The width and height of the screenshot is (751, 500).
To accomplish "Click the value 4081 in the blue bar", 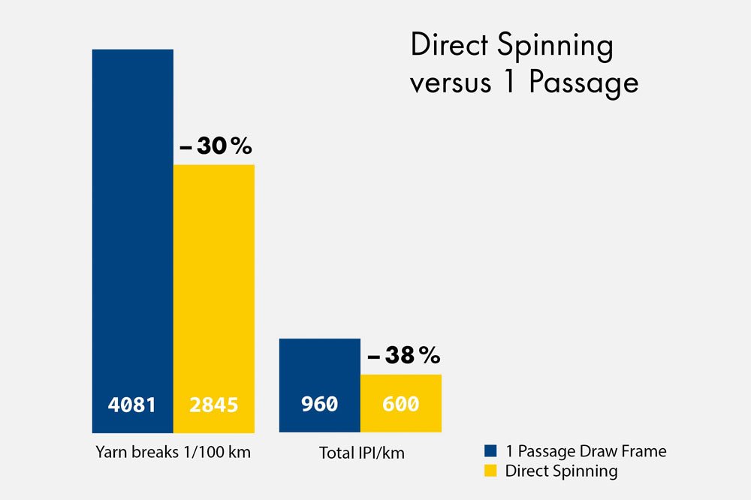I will point(131,405).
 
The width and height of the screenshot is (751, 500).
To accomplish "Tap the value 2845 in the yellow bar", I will point(213,405).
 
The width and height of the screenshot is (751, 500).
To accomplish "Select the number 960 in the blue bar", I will point(319,405).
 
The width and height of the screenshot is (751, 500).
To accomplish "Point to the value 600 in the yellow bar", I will point(400,405).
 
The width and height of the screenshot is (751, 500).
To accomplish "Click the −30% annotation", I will point(216,147).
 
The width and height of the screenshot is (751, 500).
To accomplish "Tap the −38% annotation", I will point(403,356).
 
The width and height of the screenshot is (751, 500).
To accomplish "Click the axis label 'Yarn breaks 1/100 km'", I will point(173,453).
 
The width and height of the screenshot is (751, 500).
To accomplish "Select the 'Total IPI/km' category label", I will point(360,453).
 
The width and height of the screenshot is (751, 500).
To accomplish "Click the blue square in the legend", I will point(490,451).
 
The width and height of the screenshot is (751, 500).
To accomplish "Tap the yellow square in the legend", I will point(490,471).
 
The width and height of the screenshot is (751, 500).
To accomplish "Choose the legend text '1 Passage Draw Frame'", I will point(586,451).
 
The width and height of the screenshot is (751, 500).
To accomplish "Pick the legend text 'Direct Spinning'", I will point(561,471).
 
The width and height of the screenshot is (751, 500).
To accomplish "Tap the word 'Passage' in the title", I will point(583,83).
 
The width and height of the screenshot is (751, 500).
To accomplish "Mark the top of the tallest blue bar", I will point(132,50).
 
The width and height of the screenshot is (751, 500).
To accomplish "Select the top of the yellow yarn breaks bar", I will point(214,165).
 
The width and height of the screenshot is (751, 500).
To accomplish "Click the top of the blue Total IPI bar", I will point(319,339).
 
